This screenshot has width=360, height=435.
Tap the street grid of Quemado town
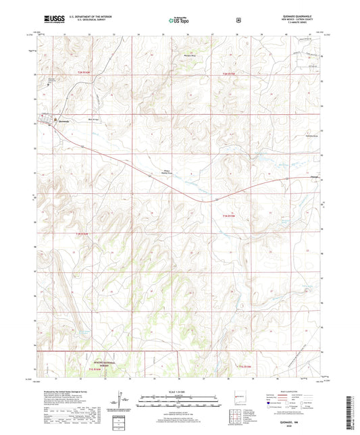[51, 122]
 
